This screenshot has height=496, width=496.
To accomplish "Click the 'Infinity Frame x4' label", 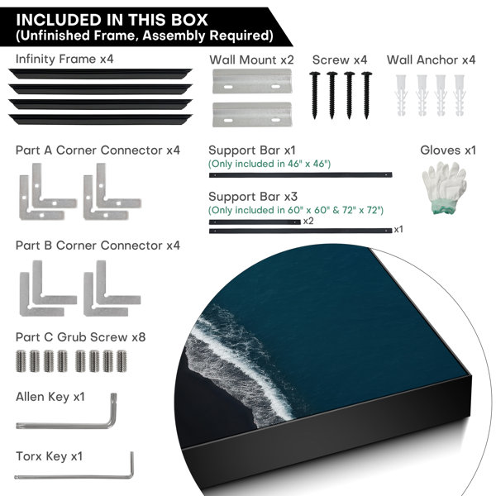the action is (x=64, y=60).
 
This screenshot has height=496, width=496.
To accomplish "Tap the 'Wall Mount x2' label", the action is (x=251, y=60).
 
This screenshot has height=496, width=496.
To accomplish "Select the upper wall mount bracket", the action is (x=252, y=81).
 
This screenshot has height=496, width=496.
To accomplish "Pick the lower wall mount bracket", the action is (x=252, y=114).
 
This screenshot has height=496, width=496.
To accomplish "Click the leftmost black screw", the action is (x=314, y=96).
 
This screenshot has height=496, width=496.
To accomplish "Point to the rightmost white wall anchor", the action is (x=460, y=95).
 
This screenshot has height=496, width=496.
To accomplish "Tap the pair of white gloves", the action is (x=445, y=188).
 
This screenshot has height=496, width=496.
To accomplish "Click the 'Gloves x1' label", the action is (x=448, y=150).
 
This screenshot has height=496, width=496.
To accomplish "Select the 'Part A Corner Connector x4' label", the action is (x=98, y=150).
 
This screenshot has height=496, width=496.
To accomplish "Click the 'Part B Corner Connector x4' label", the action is (x=98, y=246).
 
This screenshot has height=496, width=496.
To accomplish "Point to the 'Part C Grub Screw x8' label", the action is (x=81, y=337).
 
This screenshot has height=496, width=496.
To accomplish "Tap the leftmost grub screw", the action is (x=21, y=361).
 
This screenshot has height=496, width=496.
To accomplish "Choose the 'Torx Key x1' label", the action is (x=50, y=456).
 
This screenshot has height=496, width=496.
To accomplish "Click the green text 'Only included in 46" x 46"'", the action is (x=269, y=164).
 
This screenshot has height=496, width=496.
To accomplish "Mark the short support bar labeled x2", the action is (x=255, y=222).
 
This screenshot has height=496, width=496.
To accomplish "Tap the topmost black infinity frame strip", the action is (x=100, y=74).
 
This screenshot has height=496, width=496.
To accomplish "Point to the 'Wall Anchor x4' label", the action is (x=432, y=60).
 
